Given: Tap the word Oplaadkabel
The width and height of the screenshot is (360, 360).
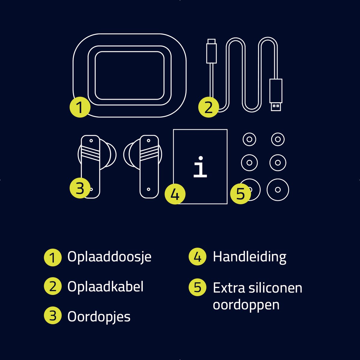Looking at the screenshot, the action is (x=105, y=286).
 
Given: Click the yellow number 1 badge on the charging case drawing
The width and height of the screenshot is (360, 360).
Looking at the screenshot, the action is (x=80, y=107).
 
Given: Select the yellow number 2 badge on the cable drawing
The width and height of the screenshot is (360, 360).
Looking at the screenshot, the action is (x=208, y=107).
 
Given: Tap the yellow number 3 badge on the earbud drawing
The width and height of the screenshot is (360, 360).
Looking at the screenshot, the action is (x=80, y=188).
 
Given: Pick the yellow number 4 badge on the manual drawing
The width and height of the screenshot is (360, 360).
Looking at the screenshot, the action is (x=175, y=194).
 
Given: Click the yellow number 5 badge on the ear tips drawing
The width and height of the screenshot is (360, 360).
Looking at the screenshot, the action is (x=240, y=194).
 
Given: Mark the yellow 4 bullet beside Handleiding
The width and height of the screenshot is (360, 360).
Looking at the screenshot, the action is (x=197, y=257).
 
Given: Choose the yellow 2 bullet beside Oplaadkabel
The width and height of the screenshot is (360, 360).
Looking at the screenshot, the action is (x=53, y=286).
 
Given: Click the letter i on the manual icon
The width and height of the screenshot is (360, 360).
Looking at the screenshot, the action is (x=200, y=167).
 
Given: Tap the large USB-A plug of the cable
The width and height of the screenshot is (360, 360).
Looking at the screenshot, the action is (x=276, y=95).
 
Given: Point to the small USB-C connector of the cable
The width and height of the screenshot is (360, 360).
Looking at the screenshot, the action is (x=211, y=51).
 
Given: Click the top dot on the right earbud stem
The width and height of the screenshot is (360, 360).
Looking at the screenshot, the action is (x=149, y=141).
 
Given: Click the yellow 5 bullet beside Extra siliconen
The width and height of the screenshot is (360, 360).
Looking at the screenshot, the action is (x=197, y=287).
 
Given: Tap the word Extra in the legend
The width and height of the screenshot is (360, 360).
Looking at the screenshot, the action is (x=229, y=288).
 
